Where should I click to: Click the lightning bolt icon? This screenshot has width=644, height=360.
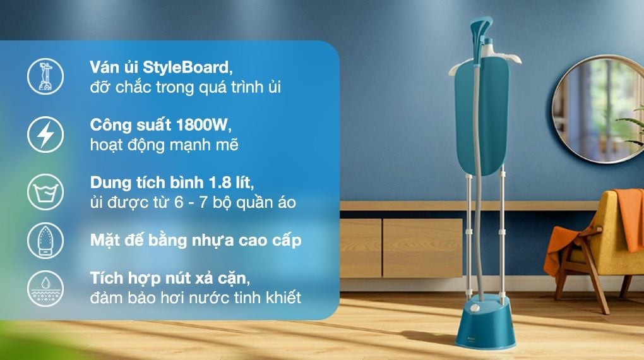coord(45,135)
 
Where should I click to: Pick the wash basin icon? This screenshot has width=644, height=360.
coord(45,192)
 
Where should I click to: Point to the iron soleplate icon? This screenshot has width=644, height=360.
coord(45,241)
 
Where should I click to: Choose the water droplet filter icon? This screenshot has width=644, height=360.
coord(45,289)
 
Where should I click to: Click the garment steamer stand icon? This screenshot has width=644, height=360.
coord(45,76)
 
